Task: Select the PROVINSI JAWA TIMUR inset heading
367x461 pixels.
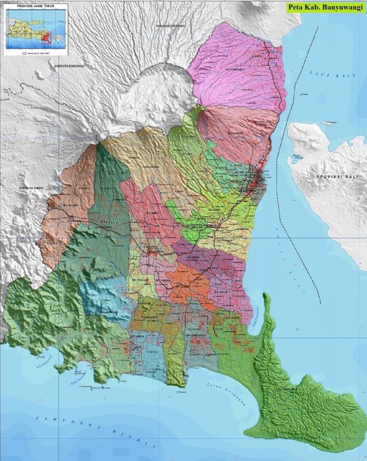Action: [28, 5]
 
